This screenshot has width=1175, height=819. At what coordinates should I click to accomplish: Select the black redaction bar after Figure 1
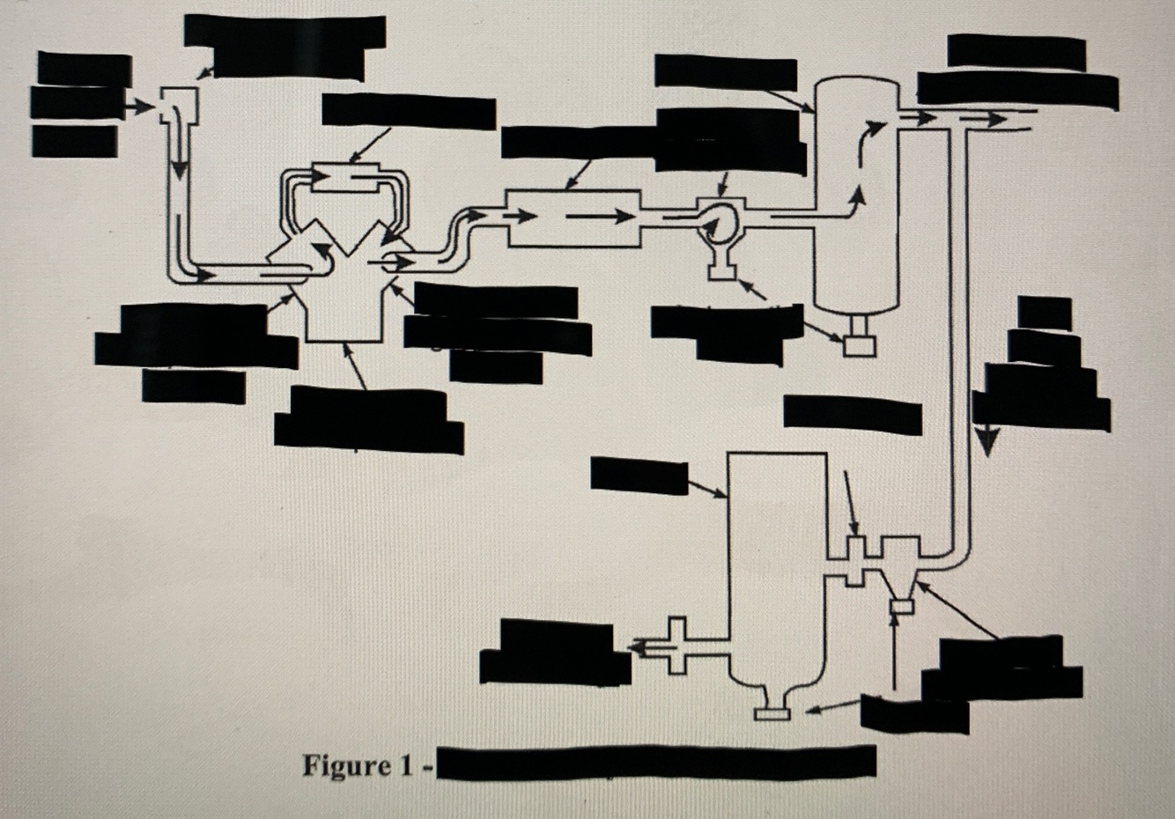click(x=656, y=763)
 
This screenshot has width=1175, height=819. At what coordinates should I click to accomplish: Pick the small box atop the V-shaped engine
click(x=346, y=177)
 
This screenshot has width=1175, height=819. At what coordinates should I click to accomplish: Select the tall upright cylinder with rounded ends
click(x=857, y=194)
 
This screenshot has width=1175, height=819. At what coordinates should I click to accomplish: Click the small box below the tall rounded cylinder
click(x=859, y=345)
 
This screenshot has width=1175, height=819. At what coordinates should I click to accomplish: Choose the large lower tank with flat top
click(x=776, y=564)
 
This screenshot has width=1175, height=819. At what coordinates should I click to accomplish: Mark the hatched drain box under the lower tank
click(x=772, y=712)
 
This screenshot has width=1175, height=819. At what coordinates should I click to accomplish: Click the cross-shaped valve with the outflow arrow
click(x=676, y=646)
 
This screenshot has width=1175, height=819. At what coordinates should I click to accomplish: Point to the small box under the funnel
click(x=901, y=606)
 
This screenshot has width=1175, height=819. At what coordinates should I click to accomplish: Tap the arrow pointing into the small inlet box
click(x=138, y=107)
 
